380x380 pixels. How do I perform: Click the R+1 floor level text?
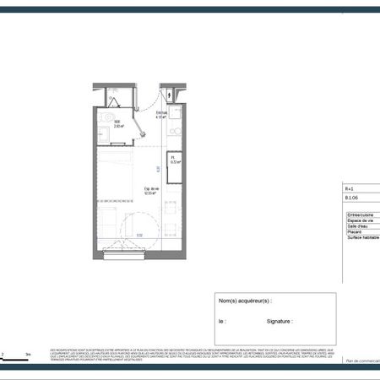coord(350,188)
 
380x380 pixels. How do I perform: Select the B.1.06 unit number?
coord(350,200)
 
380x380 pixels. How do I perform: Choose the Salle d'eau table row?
coord(358,226)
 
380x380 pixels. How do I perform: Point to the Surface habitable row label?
coord(362,238)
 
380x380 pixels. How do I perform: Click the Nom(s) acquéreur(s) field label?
coord(245,301)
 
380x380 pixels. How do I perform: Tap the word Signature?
coord(280,321)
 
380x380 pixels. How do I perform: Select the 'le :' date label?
coord(222,321)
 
